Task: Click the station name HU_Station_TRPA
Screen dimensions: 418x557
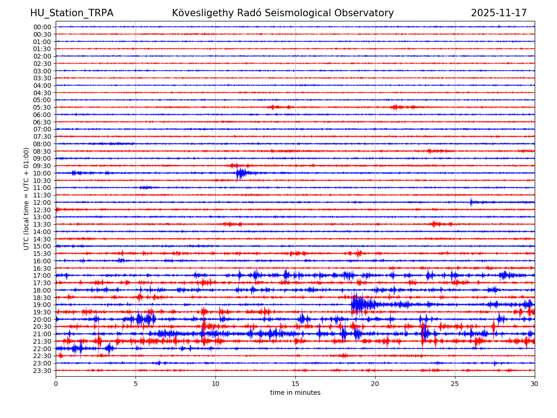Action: point(71,13)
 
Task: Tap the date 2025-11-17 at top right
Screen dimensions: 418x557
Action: point(499,13)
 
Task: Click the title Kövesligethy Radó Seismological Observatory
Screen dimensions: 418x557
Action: point(283,13)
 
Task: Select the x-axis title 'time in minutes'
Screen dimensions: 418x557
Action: point(295,393)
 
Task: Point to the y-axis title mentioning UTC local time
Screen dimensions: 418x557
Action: point(27,198)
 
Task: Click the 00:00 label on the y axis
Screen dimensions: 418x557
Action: point(42,27)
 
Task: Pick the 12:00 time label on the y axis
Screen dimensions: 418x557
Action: point(42,202)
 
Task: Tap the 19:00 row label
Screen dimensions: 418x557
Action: point(42,305)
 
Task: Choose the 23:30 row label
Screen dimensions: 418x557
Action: point(42,371)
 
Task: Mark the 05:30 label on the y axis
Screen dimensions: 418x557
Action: point(42,107)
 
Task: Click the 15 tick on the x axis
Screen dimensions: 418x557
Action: point(295,384)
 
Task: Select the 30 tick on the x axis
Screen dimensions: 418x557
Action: point(535,384)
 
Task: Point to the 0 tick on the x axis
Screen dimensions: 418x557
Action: point(56,384)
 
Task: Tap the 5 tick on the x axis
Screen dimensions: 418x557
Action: point(136,384)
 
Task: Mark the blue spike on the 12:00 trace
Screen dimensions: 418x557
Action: point(471,202)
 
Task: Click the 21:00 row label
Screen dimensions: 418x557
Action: point(42,334)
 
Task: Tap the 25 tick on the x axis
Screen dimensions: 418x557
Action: point(455,384)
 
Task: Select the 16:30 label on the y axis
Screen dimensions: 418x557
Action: point(42,268)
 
